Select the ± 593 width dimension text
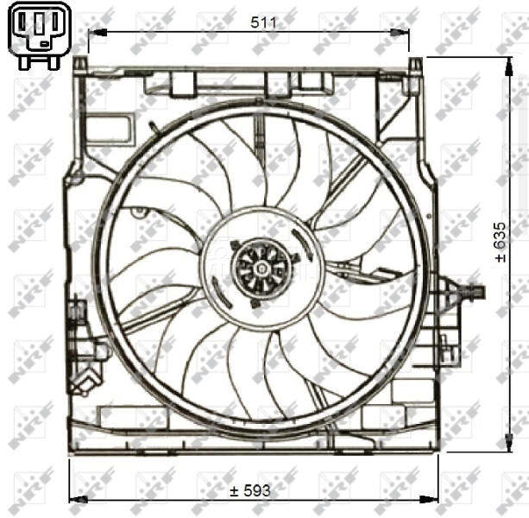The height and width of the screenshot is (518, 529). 250,490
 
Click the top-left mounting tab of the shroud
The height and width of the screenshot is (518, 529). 79,66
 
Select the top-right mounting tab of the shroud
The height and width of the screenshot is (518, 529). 415,66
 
